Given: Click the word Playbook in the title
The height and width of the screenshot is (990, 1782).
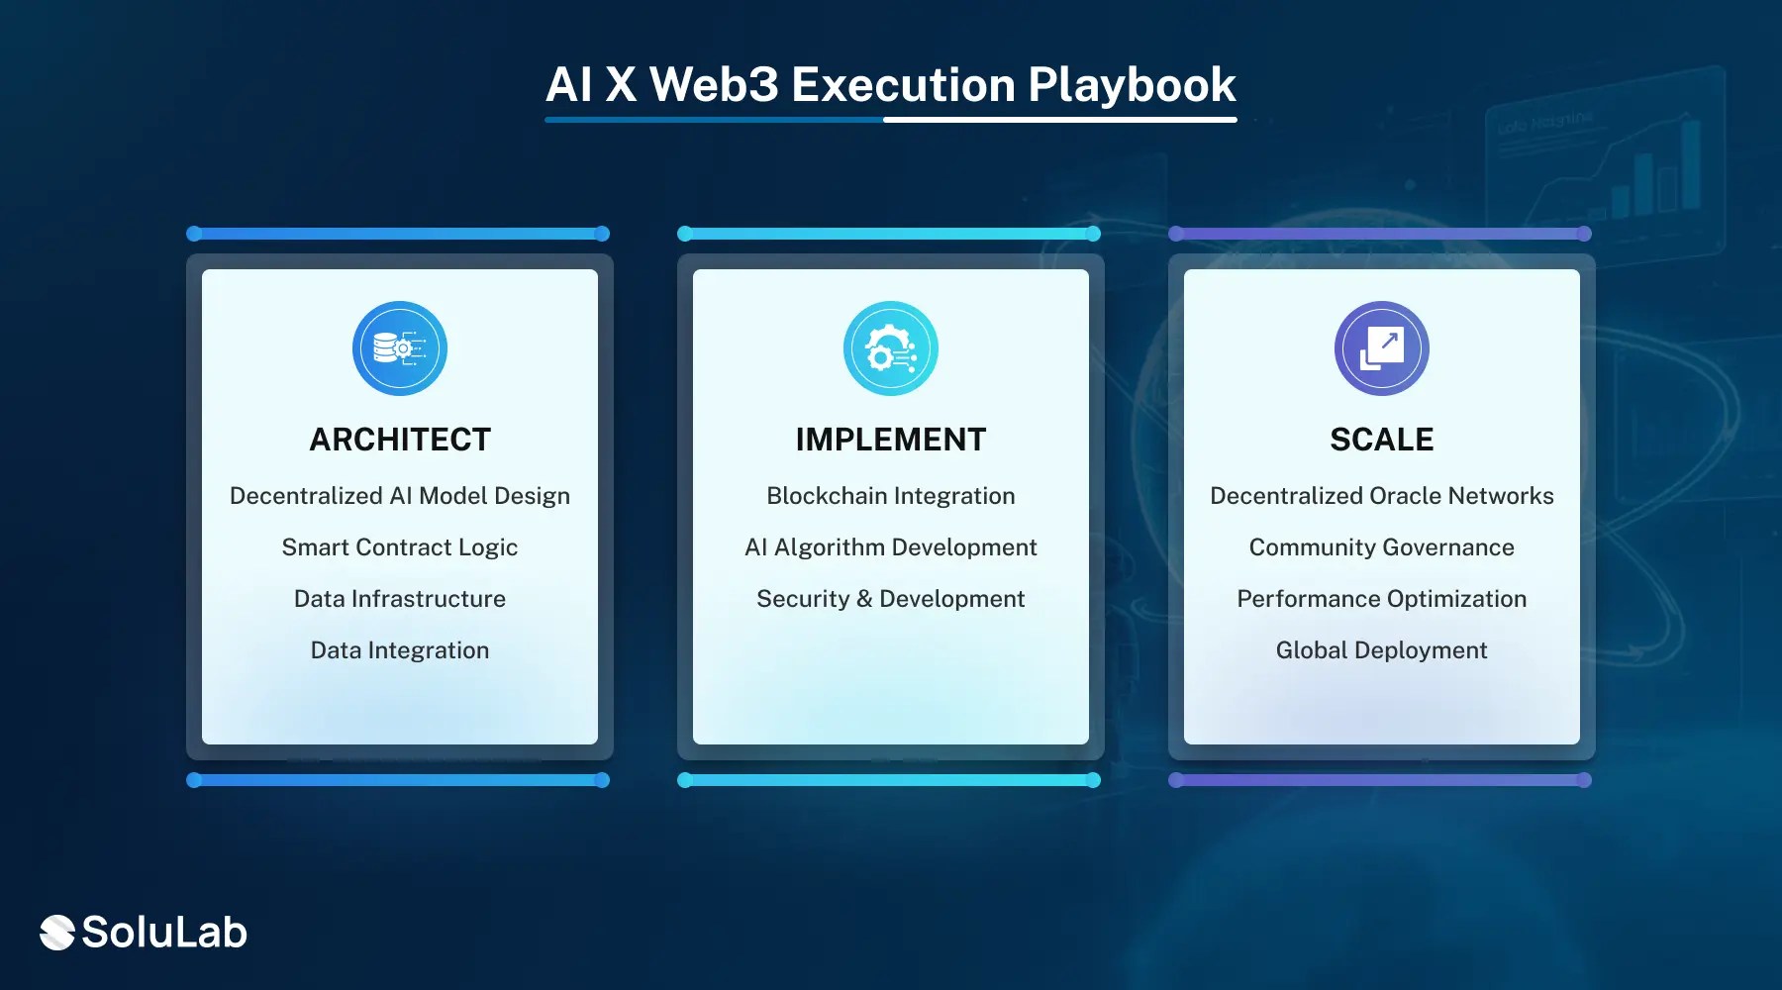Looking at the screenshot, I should point(1132,85).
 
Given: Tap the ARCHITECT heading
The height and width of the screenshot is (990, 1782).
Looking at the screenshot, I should point(400,440).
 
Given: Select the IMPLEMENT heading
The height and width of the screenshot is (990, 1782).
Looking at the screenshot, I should point(891,440).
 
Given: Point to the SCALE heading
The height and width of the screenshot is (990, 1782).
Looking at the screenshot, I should point(1381,440).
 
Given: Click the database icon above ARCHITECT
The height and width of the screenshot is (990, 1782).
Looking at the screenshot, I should point(400,348).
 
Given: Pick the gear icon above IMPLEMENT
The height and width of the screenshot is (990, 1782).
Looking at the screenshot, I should point(891,348).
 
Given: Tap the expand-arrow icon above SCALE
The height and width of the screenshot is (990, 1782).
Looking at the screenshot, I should point(1381,348).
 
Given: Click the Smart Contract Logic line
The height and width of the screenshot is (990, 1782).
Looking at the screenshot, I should point(400,547).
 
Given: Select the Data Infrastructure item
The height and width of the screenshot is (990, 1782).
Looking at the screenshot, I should point(400,599).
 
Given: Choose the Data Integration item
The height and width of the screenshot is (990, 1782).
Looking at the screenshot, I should point(400,650).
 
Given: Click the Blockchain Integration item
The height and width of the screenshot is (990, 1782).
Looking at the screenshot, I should point(891,496).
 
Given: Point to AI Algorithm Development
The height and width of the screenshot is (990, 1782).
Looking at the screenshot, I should point(891,547).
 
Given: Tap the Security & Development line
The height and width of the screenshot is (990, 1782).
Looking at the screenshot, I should point(891,599).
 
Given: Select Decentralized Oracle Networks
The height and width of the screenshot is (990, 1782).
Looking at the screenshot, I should point(1381,496).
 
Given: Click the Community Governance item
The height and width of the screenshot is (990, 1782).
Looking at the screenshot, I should point(1381,547).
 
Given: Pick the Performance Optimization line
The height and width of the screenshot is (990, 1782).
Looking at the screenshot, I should point(1381,599).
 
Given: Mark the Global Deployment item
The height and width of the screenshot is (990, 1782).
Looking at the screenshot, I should point(1381,650).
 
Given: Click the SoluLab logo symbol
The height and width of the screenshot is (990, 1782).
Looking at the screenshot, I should point(57,933).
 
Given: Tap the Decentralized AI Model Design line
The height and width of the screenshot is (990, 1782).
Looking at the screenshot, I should point(400,496).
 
